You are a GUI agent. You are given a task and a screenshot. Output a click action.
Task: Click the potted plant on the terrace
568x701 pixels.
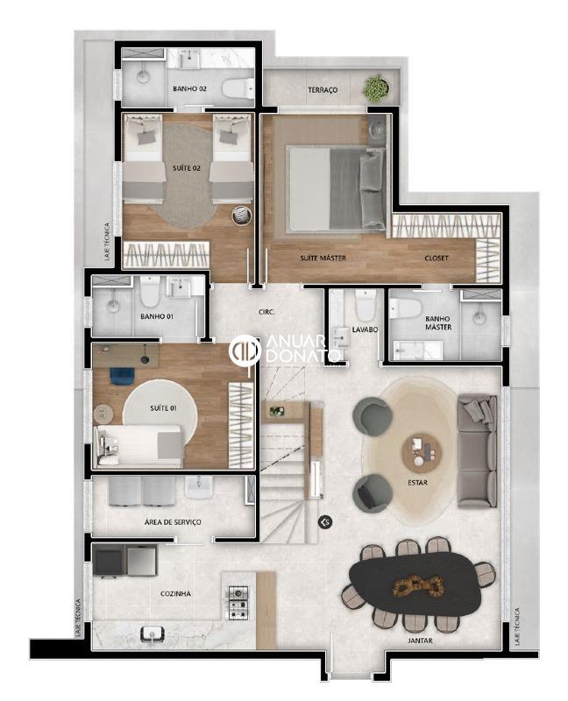pos(376,87)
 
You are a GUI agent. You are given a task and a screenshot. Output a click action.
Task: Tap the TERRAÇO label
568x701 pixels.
pos(323,90)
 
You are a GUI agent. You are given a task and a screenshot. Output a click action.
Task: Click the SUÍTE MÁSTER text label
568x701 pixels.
pos(323,258)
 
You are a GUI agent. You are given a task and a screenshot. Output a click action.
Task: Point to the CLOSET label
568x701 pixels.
pos(436,258)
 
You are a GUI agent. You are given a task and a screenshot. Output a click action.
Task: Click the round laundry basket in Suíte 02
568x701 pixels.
pos(242,216)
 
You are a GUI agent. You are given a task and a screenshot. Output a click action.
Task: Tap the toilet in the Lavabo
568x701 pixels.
pos(366,303)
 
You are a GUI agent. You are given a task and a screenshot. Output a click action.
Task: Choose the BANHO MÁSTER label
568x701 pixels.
pos(438,322)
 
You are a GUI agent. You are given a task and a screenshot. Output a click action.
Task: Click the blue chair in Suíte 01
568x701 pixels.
pos(122,376)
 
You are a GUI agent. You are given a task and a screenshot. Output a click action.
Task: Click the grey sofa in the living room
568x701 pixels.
pos(477,450)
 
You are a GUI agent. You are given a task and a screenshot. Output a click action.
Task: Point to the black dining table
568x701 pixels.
pos(417,585)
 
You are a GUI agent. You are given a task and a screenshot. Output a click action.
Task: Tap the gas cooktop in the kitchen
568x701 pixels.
pos(238,602)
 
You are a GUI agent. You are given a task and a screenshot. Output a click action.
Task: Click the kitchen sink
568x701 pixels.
pos(153,634)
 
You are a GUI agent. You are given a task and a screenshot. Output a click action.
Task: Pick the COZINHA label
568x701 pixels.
pos(175,594)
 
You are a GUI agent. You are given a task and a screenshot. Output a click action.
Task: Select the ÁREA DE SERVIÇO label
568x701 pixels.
pos(173,521)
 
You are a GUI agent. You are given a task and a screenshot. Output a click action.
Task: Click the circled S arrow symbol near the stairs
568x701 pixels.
pos(325,521)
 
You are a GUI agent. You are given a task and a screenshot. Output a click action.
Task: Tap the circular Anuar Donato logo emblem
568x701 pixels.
pos(245,350)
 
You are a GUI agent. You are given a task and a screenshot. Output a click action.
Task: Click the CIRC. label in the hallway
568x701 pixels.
pos(266,312)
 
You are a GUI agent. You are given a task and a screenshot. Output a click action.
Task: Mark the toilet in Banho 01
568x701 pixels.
pos(150,291)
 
